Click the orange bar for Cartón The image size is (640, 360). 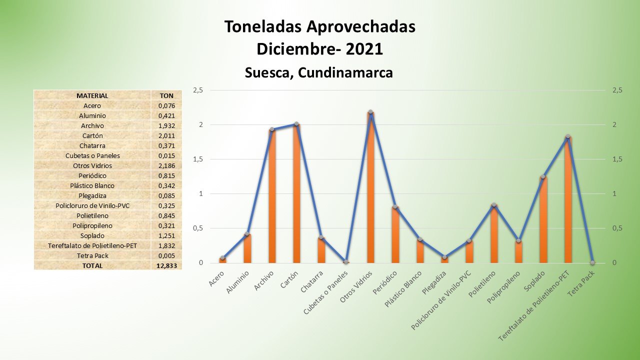coord(296,195)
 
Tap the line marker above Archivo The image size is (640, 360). coord(272,129)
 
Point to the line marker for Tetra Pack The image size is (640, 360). coord(592,262)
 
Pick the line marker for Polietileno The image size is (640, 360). coord(494,205)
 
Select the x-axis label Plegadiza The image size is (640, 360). coord(435,284)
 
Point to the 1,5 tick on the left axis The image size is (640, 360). coord(198,159)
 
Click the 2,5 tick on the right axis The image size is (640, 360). coord(617,90)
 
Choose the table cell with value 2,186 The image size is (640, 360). coord(166,165)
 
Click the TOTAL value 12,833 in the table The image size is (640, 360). coord(166,265)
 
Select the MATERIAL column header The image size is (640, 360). coord(92,95)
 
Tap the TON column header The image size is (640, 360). coord(166,95)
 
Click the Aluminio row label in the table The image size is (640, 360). coord(92,115)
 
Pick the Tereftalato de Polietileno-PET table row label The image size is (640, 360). coord(92,245)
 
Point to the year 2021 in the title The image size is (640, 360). coord(364,49)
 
